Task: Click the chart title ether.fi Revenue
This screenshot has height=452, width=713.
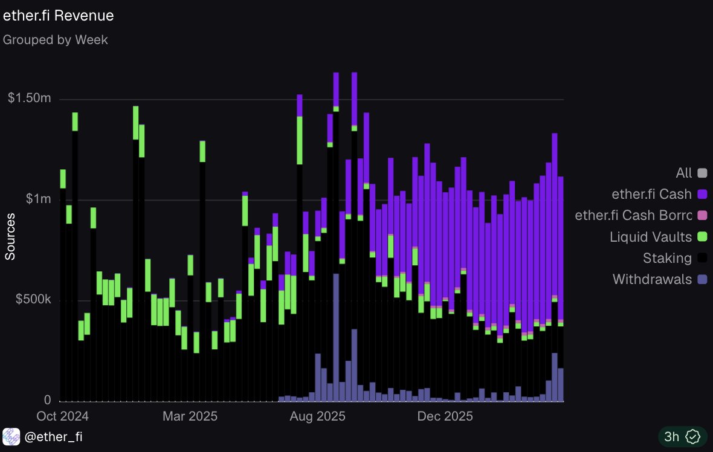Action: [58, 16]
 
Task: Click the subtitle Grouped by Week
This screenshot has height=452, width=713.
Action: [56, 40]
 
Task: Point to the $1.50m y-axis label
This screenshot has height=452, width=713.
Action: [29, 98]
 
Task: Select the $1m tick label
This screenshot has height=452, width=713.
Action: [38, 199]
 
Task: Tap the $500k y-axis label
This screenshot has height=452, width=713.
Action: [33, 299]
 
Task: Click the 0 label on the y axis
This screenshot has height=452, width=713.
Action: [47, 399]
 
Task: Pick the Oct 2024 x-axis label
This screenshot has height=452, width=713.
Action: [62, 416]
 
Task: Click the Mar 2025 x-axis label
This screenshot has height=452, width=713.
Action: [190, 416]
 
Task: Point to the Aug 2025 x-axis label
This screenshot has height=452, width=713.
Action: [317, 416]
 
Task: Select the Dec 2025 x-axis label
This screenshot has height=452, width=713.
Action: [445, 416]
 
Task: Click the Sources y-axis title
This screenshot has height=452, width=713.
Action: [10, 236]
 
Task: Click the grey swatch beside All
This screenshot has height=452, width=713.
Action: [703, 173]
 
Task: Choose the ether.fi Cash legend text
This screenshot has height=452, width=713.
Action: [651, 194]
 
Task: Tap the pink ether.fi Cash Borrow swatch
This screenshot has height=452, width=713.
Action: [703, 215]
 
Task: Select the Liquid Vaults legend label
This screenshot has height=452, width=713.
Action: [651, 236]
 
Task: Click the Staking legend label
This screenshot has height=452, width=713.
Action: [667, 258]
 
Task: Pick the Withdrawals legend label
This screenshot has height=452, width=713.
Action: [652, 279]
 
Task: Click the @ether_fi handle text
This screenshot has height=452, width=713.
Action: [53, 436]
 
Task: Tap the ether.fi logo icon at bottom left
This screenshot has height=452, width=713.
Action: [11, 436]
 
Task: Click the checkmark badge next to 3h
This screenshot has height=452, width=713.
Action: [693, 436]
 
